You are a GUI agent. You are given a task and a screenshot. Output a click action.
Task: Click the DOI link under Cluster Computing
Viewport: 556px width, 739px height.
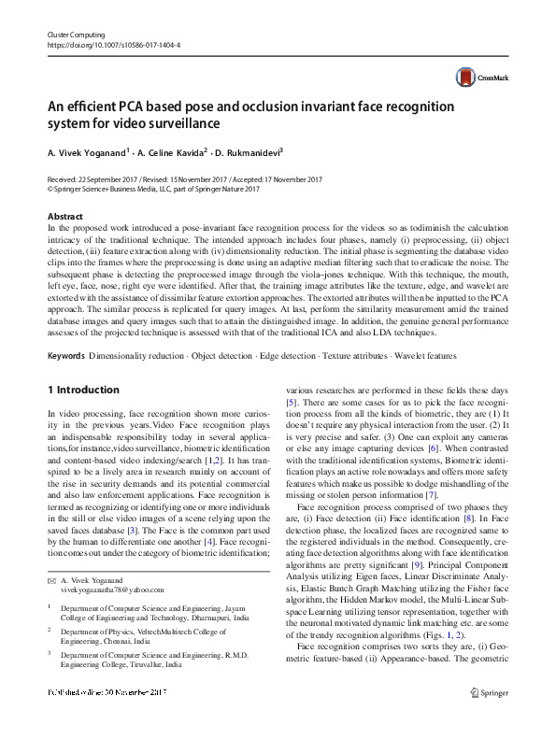click(113, 44)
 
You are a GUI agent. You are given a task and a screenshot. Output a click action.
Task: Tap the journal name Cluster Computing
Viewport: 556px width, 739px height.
click(72, 34)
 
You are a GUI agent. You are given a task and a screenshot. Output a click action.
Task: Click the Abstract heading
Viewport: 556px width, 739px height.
click(64, 217)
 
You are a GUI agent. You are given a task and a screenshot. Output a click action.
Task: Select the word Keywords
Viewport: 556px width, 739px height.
click(66, 356)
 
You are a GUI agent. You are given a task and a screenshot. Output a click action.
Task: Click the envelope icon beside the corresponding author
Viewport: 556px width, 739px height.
click(51, 580)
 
